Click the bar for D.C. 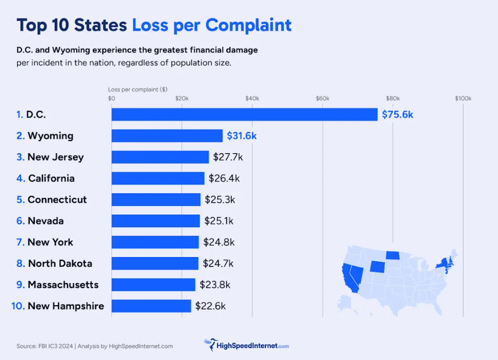244,114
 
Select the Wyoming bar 167,136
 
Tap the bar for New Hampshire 151,306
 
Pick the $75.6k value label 397,114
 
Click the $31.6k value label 241,136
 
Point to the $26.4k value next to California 224,178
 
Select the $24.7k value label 218,263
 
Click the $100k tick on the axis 463,99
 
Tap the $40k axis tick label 252,99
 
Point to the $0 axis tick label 111,99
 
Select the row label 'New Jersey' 55,157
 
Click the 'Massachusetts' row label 63,285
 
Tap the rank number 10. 18,306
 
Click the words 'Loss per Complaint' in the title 212,25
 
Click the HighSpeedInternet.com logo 246,345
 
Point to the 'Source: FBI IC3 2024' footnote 44,346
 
